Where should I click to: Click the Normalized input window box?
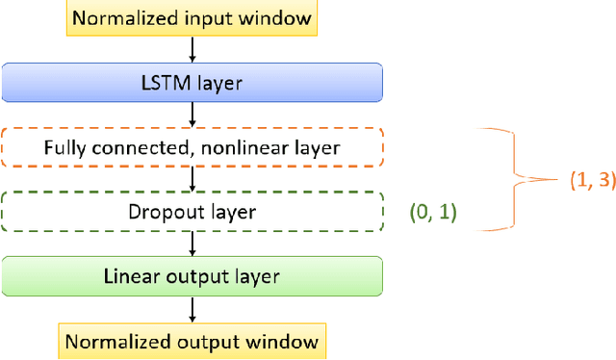pos(192,17)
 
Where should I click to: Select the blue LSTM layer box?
pos(192,84)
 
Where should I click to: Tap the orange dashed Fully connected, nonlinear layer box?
pos(192,148)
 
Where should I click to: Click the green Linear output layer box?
pos(192,277)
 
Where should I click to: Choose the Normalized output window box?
pos(192,342)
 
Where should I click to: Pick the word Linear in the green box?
pos(129,277)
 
